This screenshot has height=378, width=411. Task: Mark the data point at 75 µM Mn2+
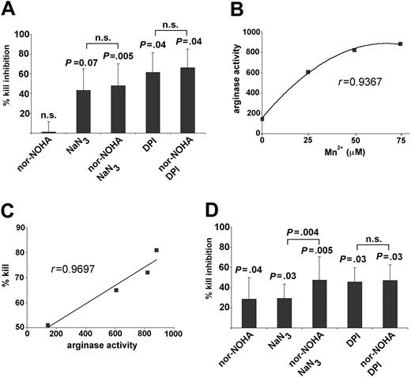coord(401,44)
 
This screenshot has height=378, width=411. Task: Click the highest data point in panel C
coord(156,250)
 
